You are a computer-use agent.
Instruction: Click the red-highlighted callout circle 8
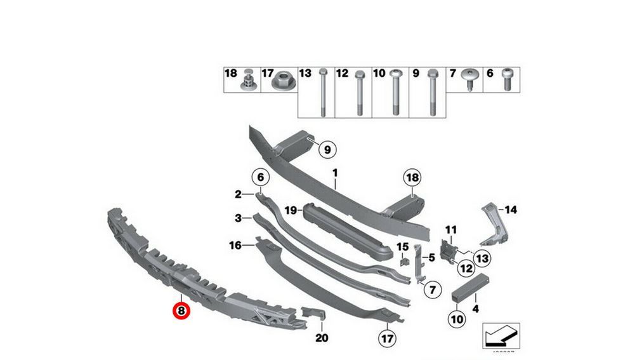(x=181, y=310)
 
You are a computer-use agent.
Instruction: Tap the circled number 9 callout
(x=327, y=150)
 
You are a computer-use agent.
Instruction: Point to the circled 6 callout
(x=261, y=177)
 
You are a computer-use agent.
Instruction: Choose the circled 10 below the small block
(x=456, y=318)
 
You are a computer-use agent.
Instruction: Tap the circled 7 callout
(x=431, y=291)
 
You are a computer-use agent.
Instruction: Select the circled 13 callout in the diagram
(x=482, y=258)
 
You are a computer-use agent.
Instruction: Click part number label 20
(x=322, y=337)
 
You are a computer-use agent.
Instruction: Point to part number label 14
(x=511, y=209)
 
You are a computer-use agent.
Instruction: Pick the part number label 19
(x=291, y=210)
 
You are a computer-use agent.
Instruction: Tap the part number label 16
(x=234, y=244)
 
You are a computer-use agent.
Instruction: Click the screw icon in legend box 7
(x=471, y=79)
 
